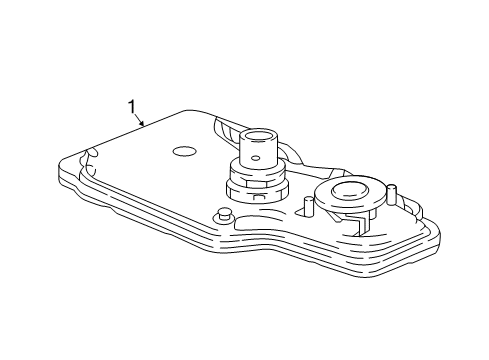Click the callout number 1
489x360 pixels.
pos(130,106)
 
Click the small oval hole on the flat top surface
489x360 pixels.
pos(183,152)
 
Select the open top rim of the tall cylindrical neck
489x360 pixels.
pos(261,134)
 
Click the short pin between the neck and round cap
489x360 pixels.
pos(308,207)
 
